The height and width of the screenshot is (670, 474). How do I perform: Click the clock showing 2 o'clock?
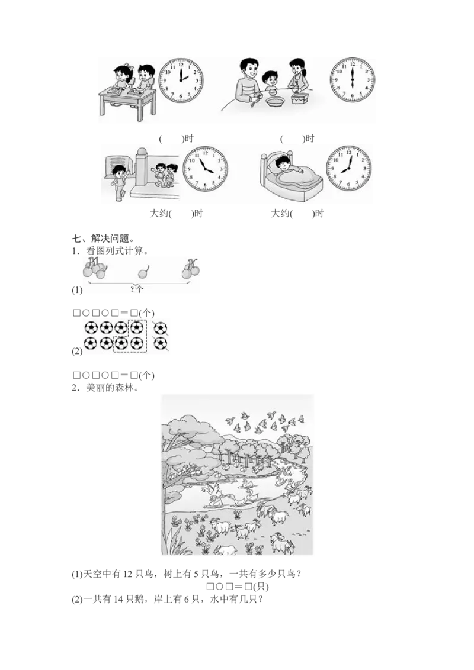click(x=181, y=81)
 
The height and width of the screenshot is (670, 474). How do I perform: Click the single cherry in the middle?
click(x=142, y=273)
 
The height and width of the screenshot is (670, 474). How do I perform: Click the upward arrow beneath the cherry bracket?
click(x=140, y=289)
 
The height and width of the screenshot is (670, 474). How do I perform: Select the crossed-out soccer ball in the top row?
click(x=159, y=327)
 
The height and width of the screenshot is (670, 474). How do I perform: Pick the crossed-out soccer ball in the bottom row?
click(x=159, y=342)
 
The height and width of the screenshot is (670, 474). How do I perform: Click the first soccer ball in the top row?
click(x=91, y=327)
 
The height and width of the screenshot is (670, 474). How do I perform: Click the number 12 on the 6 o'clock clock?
click(x=352, y=63)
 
